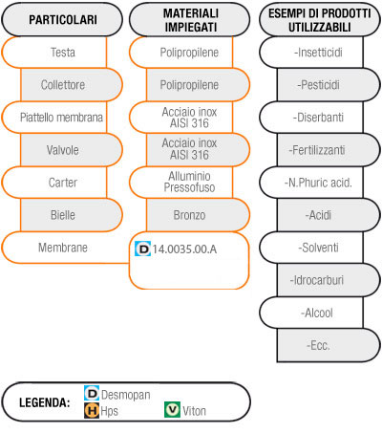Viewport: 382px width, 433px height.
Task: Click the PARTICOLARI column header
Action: tap(62, 20)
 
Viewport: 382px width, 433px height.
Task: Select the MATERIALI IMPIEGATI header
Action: tap(190, 20)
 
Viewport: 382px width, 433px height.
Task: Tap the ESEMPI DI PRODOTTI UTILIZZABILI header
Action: tap(320, 20)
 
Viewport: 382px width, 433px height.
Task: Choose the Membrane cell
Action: tap(63, 248)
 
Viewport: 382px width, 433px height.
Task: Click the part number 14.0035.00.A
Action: tap(184, 249)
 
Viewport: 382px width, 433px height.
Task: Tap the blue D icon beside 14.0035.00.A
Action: tap(142, 249)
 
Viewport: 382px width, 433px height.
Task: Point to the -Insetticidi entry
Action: tap(318, 53)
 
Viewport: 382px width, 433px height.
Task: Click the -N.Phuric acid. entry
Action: tap(318, 183)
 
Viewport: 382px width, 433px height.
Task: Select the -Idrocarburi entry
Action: tap(317, 280)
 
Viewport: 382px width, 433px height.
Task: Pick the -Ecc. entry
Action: tap(318, 345)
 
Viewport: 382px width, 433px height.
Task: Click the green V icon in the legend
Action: tap(172, 410)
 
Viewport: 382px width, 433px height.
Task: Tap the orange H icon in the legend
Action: tap(92, 410)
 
